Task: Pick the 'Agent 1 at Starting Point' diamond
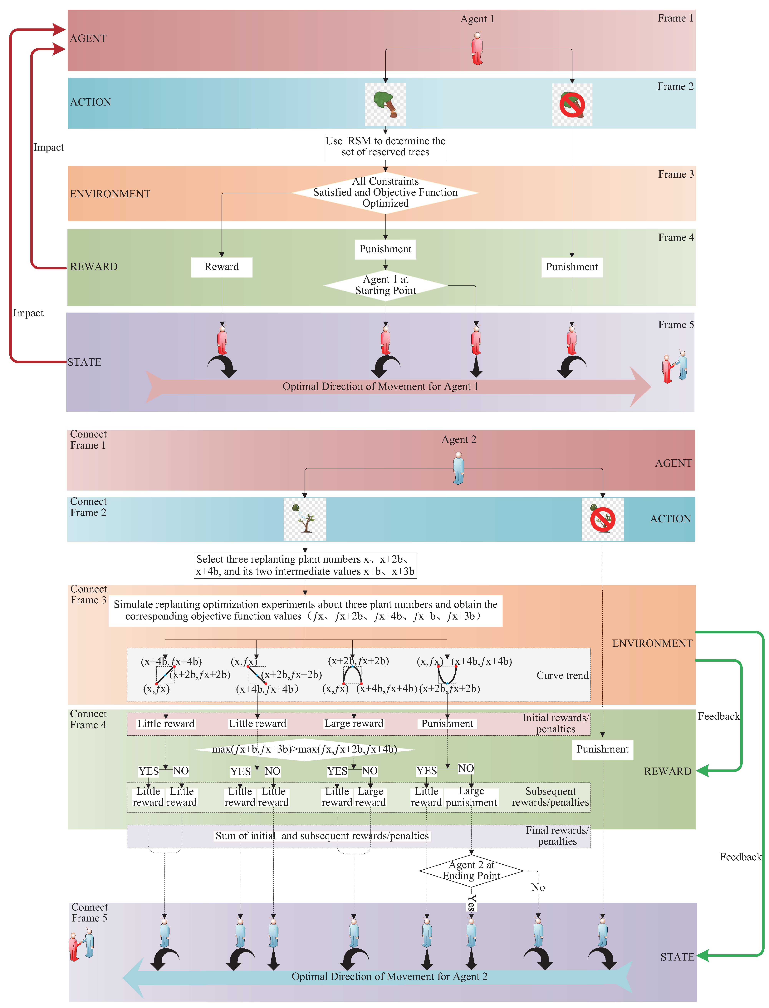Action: [x=385, y=285]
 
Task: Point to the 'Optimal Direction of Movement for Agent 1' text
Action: [x=380, y=386]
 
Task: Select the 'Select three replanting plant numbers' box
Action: [x=305, y=565]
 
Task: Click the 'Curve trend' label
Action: [x=562, y=676]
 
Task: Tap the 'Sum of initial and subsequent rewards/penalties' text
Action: [x=322, y=836]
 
